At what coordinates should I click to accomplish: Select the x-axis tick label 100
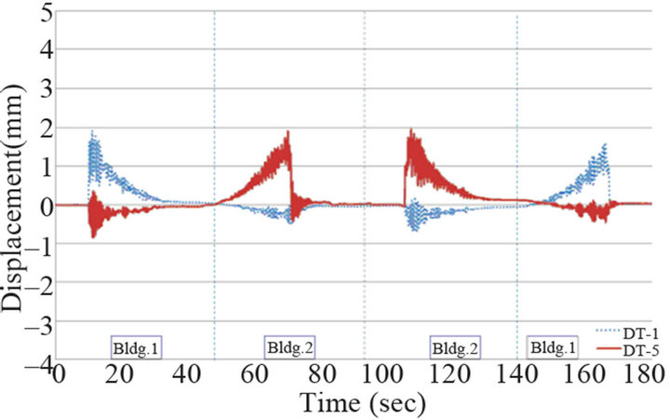pos(434,374)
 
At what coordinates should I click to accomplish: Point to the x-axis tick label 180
pos(645,374)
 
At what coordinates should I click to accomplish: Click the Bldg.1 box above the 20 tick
pos(136,346)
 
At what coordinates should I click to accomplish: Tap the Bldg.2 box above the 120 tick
pos(454,347)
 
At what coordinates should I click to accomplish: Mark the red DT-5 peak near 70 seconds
pos(288,132)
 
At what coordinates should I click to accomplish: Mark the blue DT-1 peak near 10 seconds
pos(93,132)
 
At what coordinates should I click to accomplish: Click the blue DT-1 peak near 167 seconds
pos(606,144)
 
